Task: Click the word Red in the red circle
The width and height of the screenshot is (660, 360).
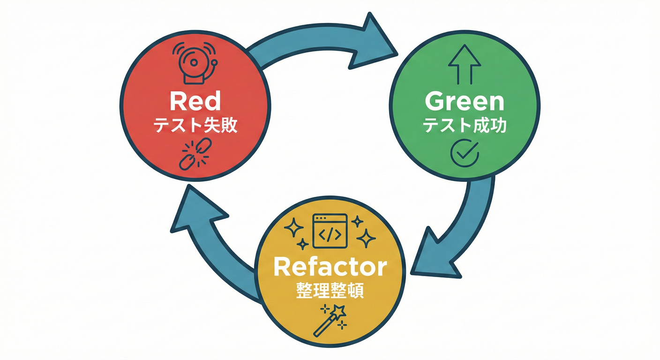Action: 195,102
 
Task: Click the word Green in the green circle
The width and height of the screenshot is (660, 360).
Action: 464,102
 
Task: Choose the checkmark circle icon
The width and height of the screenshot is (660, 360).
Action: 464,153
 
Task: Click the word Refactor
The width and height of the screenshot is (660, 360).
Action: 330,267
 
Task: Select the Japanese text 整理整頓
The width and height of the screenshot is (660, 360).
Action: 330,291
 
